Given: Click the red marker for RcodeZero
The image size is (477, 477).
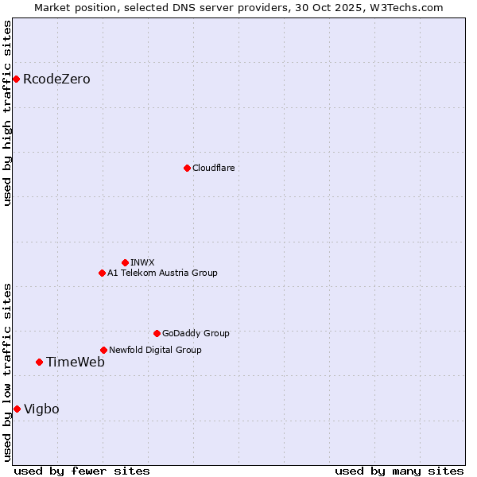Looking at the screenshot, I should [16, 79].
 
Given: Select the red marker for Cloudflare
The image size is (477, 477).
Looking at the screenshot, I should [187, 168].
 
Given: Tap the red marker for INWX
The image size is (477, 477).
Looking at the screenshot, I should [125, 262].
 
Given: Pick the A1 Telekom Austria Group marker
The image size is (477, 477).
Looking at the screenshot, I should [102, 273].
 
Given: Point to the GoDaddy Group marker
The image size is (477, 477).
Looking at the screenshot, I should [157, 333].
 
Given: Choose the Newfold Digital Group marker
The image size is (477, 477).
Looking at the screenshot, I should [103, 350].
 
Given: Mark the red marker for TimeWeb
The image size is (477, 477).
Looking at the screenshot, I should [39, 362].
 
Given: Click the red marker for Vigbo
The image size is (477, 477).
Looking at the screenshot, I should [17, 409].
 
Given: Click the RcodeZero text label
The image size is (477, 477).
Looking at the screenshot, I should [56, 79].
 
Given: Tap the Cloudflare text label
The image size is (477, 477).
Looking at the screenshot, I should [213, 168].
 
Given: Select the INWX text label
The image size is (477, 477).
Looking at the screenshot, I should [142, 262].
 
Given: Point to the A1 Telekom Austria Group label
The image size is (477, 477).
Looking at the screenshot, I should [162, 273].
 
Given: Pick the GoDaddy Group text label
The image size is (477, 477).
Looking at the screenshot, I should [196, 333].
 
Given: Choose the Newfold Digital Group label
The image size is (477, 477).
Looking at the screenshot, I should [155, 350].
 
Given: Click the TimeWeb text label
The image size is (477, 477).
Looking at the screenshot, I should [75, 362].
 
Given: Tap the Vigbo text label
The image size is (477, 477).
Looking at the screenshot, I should [41, 409].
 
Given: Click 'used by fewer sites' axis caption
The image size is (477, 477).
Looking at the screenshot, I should [82, 471].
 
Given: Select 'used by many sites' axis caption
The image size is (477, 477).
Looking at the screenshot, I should [398, 471].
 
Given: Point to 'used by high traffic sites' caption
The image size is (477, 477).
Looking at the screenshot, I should [7, 113].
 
